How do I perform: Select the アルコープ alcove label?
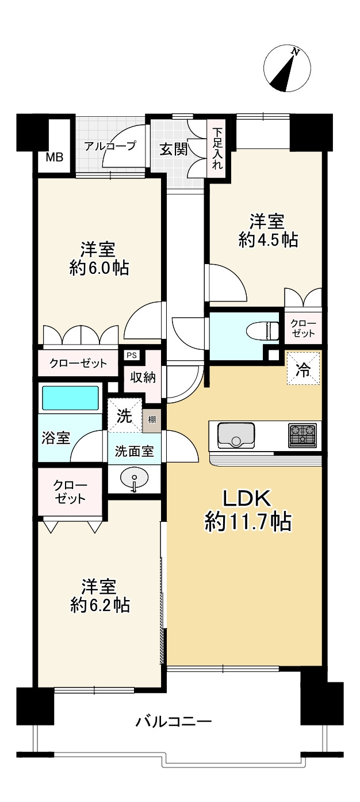tap(110, 146)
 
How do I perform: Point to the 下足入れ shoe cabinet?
tap(217, 147)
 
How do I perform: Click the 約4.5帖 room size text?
tap(268, 240)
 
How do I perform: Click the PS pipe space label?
tap(131, 355)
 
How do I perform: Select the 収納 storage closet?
tap(143, 378)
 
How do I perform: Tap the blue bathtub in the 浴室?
tap(70, 398)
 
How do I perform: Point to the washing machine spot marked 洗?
tap(125, 415)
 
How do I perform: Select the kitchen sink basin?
tap(236, 434)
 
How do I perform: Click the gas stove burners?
tap(302, 435)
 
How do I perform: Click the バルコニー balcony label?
tap(174, 721)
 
